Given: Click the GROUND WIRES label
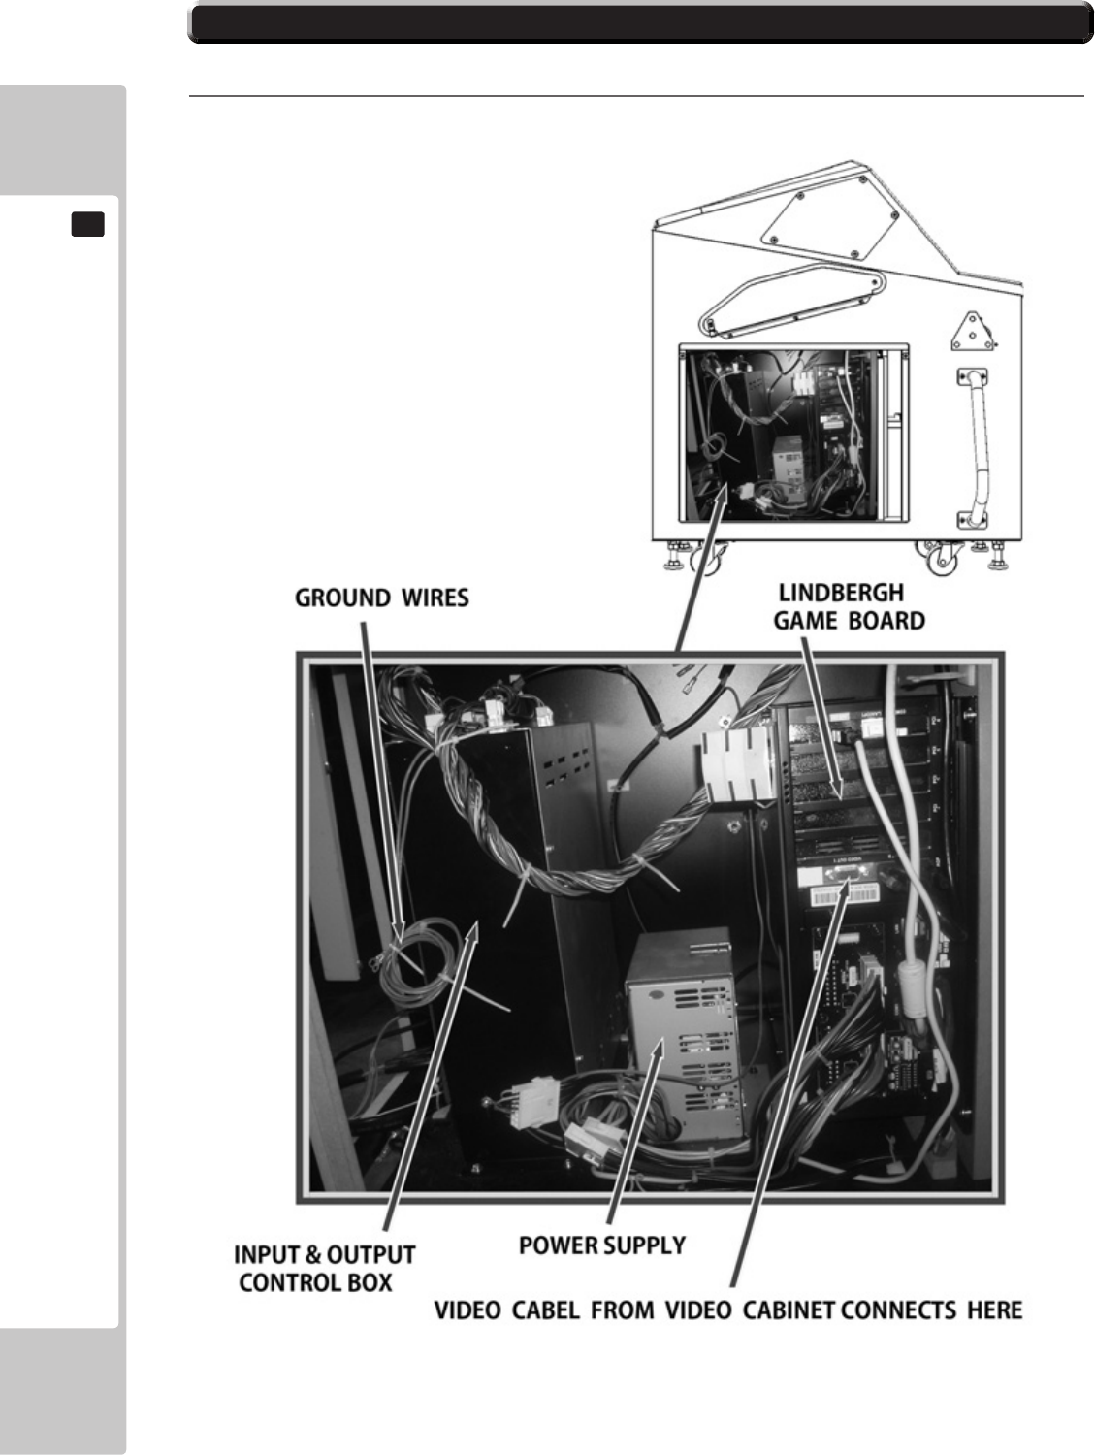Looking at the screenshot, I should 381,598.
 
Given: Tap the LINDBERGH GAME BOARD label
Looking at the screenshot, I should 849,606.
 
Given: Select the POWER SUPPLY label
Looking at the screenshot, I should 601,1245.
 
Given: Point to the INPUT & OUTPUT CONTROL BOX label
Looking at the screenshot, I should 324,1268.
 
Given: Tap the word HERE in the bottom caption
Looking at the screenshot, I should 995,1310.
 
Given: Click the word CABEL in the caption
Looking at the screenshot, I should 548,1310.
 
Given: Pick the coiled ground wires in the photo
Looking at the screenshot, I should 412,970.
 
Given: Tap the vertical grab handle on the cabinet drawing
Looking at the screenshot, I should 974,450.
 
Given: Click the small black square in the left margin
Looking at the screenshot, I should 87,225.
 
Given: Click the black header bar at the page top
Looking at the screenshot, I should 640,23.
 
